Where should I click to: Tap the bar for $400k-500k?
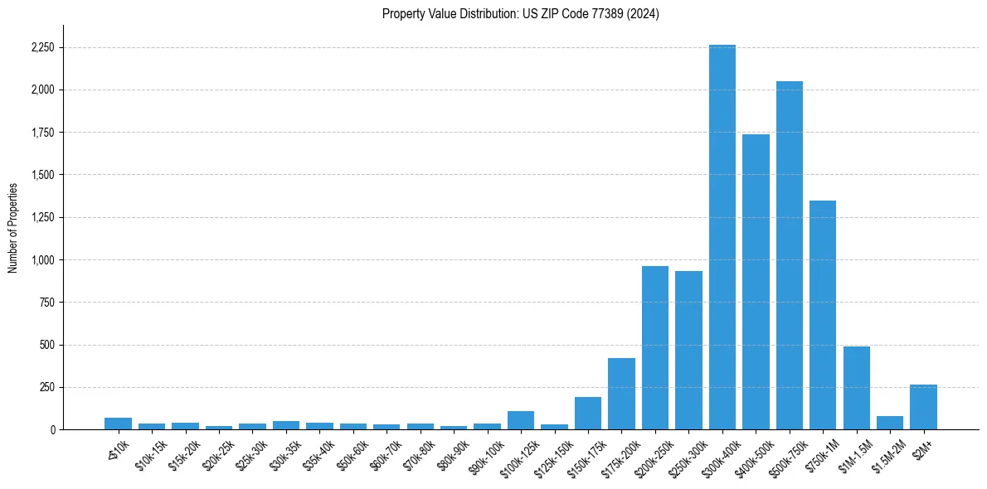(x=756, y=282)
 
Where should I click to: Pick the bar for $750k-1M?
(x=823, y=315)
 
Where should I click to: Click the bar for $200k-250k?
(x=655, y=348)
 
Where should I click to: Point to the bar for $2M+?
(x=923, y=407)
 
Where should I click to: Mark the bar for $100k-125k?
(x=521, y=420)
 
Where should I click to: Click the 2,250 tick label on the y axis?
(x=41, y=47)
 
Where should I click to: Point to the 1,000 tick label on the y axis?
(x=41, y=260)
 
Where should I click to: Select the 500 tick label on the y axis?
(x=46, y=345)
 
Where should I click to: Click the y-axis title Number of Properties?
(x=13, y=227)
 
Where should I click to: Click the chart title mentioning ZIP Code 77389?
(x=521, y=13)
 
